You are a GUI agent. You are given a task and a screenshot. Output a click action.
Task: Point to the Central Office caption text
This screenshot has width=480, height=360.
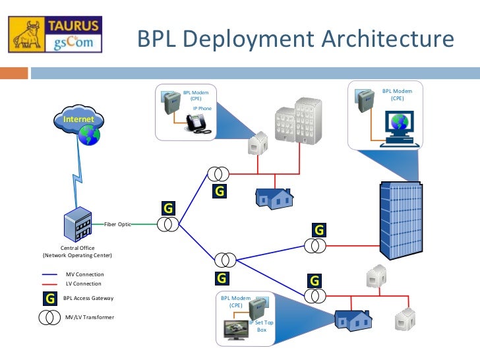(x=77, y=251)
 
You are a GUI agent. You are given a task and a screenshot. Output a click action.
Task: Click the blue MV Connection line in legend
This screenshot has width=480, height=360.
(x=50, y=274)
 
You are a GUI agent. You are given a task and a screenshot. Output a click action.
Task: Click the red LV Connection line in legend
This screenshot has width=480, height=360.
(x=50, y=284)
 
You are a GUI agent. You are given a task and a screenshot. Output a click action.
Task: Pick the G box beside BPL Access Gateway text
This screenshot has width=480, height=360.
(x=49, y=298)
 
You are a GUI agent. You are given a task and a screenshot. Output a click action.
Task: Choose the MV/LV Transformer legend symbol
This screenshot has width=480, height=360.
(x=49, y=317)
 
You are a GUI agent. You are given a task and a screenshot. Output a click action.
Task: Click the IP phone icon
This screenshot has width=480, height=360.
(x=197, y=123)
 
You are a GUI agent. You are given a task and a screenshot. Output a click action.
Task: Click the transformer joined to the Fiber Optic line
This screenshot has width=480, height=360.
(x=168, y=225)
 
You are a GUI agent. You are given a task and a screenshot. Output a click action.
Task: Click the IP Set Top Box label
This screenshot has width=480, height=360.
(x=262, y=325)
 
